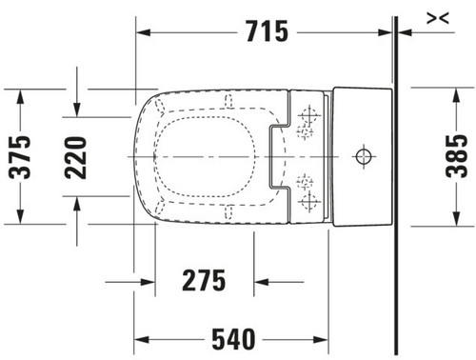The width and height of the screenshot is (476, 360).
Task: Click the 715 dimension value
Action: (268, 31)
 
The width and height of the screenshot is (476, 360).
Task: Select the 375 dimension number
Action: (20, 157)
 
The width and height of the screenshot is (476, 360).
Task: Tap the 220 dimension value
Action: (75, 158)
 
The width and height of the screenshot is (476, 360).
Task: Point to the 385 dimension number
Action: (457, 156)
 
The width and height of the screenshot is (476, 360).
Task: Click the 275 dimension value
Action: (204, 280)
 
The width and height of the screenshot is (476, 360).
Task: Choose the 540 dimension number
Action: (233, 339)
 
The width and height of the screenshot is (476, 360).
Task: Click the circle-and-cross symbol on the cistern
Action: (364, 156)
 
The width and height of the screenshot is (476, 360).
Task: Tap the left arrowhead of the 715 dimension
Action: (144, 32)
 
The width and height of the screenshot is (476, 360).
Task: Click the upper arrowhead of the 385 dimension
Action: (456, 95)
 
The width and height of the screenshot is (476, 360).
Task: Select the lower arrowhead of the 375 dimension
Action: (20, 217)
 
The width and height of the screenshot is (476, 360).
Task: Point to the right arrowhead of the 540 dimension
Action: (321, 340)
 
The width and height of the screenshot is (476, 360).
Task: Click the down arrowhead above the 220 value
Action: (76, 110)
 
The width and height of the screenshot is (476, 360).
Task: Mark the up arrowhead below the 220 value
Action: (76, 204)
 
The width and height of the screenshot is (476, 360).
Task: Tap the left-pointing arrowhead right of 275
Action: (262, 282)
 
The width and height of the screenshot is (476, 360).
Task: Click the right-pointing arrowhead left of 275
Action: (148, 282)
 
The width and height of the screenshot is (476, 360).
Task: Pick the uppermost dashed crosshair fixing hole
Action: (308, 114)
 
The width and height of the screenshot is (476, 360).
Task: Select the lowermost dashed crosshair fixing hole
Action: (308, 201)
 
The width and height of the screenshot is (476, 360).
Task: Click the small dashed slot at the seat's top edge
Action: (228, 101)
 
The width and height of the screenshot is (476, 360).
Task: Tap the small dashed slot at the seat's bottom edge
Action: (228, 212)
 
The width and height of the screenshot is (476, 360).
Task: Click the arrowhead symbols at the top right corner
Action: (438, 18)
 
